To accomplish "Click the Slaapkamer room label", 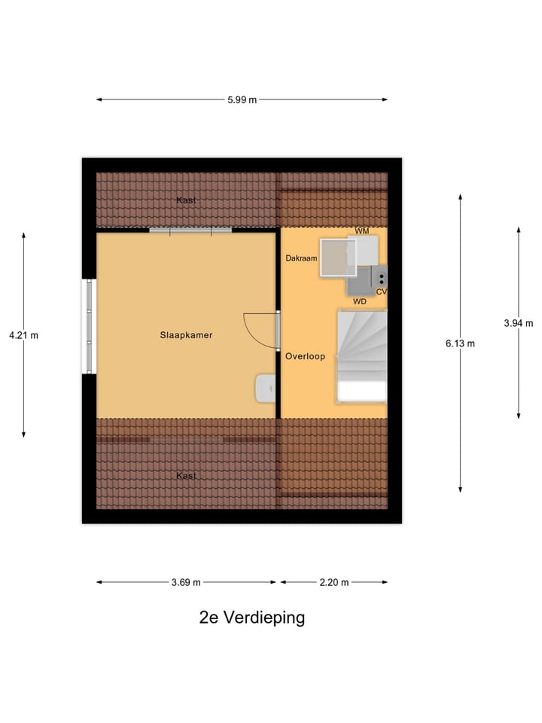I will coord(186,335).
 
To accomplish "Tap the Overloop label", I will coord(305,356).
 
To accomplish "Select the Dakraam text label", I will coord(301,258).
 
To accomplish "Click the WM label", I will coord(362,231).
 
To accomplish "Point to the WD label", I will coord(360,301).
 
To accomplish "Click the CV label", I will coord(381,291).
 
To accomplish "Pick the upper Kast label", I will coord(186,200).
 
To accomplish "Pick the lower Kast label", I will coord(186,476).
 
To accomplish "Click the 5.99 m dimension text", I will coord(242,99).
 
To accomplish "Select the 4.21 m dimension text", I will coord(23,335).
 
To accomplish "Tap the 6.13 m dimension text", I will coord(460,343).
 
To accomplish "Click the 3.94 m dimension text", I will coord(518,323).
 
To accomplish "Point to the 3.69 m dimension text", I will coord(186,582).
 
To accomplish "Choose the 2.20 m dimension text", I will coord(334,582).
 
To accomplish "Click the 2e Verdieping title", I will coord(252,618).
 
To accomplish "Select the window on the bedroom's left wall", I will coord(90,326).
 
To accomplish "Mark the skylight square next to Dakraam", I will coord(336,258).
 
